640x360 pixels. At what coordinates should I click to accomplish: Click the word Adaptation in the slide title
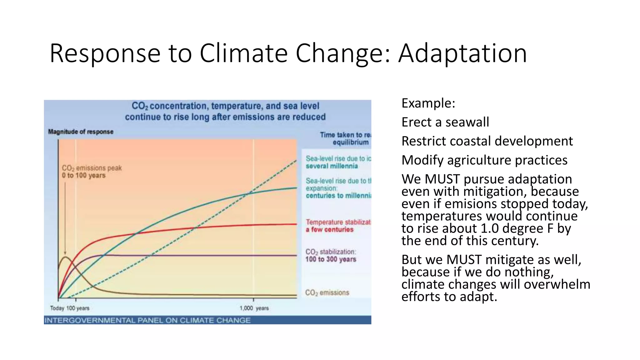pyautogui.click(x=462, y=54)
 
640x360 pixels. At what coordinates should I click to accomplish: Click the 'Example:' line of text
pyautogui.click(x=428, y=103)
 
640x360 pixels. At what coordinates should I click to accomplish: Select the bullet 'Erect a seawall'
pyautogui.click(x=445, y=122)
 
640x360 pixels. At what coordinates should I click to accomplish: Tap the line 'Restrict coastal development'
pyautogui.click(x=487, y=141)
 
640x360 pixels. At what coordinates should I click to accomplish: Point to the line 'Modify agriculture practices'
pyautogui.click(x=484, y=160)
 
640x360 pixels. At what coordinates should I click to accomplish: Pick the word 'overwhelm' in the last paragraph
pyautogui.click(x=557, y=284)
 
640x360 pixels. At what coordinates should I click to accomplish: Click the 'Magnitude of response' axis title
pyautogui.click(x=81, y=132)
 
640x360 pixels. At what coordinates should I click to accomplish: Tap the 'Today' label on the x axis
pyautogui.click(x=57, y=308)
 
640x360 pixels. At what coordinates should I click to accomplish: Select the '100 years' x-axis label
pyautogui.click(x=78, y=308)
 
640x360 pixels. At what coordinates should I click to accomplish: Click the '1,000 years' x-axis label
pyautogui.click(x=254, y=308)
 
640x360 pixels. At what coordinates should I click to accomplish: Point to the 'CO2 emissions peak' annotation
pyautogui.click(x=92, y=168)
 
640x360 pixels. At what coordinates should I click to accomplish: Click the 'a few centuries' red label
pyautogui.click(x=329, y=230)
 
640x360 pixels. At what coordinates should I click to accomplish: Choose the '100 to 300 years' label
pyautogui.click(x=331, y=259)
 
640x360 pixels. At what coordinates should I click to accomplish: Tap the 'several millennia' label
pyautogui.click(x=332, y=166)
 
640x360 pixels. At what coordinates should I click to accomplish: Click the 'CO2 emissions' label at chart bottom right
pyautogui.click(x=327, y=293)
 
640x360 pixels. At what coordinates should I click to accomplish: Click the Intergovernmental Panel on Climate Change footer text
pyautogui.click(x=147, y=320)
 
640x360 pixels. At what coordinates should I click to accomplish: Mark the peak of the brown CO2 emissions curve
pyautogui.click(x=65, y=257)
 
